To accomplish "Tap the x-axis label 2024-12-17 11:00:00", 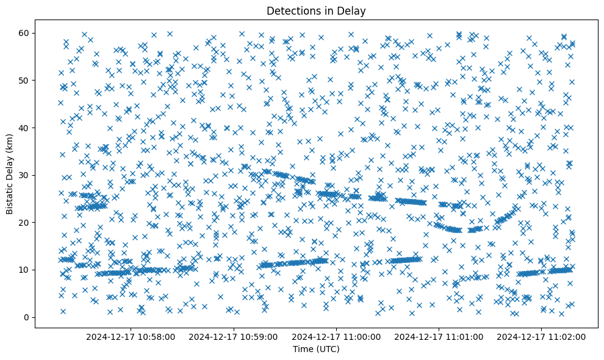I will tap(336, 336).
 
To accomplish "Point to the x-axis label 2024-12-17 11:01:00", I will tap(439, 336).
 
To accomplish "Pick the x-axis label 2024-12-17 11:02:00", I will tap(542, 336).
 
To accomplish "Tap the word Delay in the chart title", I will tap(353, 10).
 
